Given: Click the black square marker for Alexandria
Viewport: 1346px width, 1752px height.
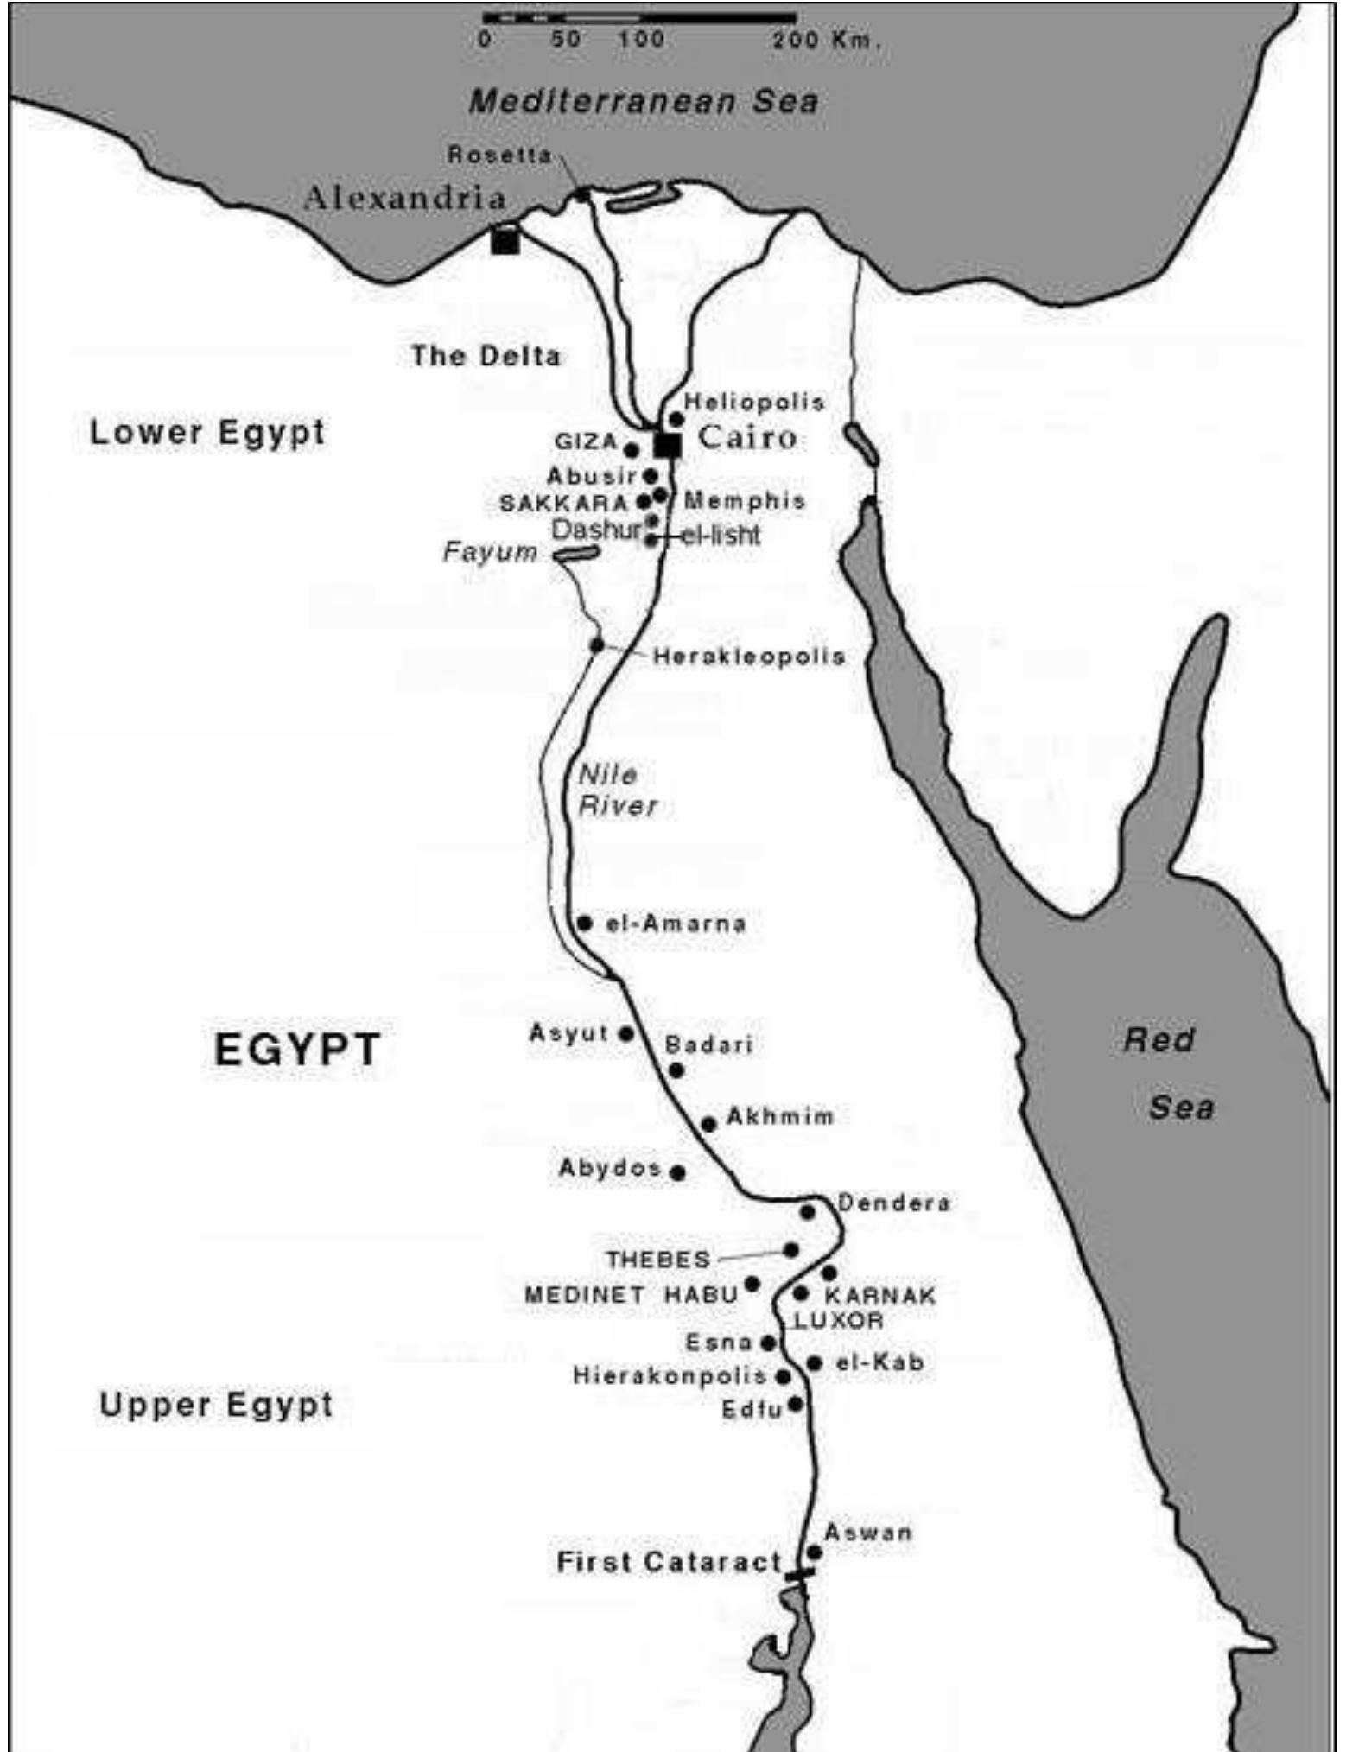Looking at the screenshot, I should pyautogui.click(x=505, y=239).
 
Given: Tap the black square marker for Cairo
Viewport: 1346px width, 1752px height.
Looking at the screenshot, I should pyautogui.click(x=667, y=445).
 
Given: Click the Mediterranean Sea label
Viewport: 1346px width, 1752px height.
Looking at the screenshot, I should pyautogui.click(x=643, y=102).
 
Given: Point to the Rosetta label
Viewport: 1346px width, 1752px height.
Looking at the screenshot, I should pyautogui.click(x=499, y=155).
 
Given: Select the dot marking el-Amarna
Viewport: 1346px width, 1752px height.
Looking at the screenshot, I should pyautogui.click(x=584, y=923).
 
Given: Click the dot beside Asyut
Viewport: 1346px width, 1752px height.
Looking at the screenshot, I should pyautogui.click(x=626, y=1033).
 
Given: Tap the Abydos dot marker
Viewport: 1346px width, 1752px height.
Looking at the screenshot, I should pyautogui.click(x=678, y=1172).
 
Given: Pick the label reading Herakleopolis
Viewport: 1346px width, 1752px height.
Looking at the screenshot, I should pyautogui.click(x=748, y=657).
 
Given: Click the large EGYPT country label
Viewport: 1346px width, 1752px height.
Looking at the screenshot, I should pyautogui.click(x=296, y=1050).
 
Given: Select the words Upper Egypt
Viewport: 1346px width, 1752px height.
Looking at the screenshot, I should pyautogui.click(x=216, y=1405).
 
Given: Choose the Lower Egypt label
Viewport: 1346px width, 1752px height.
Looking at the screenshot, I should pyautogui.click(x=207, y=432).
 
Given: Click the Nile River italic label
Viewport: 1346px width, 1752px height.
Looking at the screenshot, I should pyautogui.click(x=615, y=790).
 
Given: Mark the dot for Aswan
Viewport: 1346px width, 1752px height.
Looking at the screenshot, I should pyautogui.click(x=814, y=1552).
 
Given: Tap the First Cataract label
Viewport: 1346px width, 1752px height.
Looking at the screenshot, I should pyautogui.click(x=669, y=1562).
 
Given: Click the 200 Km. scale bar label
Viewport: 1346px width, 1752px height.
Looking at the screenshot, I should pyautogui.click(x=827, y=40).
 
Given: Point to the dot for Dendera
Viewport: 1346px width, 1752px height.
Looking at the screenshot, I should pyautogui.click(x=807, y=1212).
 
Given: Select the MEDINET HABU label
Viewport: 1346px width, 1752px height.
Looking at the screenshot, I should pyautogui.click(x=631, y=1295).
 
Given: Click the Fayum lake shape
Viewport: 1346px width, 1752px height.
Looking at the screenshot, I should pyautogui.click(x=576, y=554).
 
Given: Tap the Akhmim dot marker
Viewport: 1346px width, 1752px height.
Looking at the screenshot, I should pyautogui.click(x=708, y=1124).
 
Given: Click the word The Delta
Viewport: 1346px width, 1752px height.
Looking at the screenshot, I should pyautogui.click(x=486, y=355).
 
